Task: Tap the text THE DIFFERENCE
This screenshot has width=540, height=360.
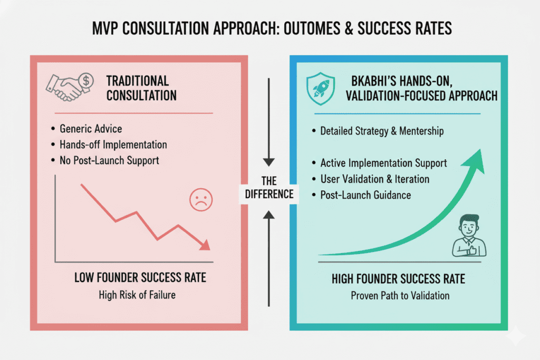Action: click(x=269, y=187)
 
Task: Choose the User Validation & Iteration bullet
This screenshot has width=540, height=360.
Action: click(x=374, y=179)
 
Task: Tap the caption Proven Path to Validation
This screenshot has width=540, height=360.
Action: click(x=400, y=295)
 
